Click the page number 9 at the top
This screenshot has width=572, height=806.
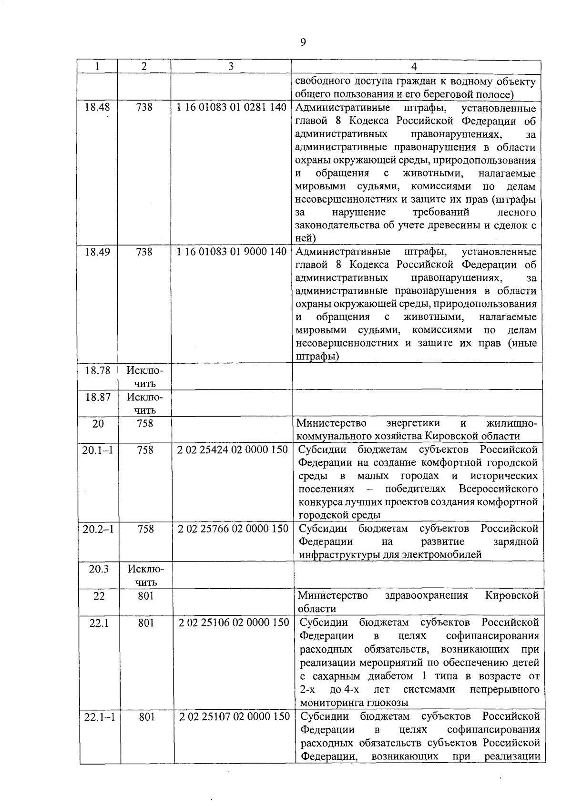(x=303, y=42)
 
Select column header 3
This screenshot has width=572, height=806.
(x=231, y=67)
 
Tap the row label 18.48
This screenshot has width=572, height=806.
(x=97, y=107)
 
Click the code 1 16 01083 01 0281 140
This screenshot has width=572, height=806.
(x=231, y=107)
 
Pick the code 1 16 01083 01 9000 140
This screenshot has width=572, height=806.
(x=231, y=252)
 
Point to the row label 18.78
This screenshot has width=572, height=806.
(x=97, y=370)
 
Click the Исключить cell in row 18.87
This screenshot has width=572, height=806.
(x=145, y=403)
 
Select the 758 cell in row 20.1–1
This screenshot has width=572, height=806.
(x=145, y=450)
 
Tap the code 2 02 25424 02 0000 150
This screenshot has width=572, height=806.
(x=232, y=450)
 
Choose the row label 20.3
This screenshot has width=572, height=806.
(x=99, y=569)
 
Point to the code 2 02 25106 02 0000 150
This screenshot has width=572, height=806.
(x=234, y=622)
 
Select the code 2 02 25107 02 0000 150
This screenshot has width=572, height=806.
(x=234, y=716)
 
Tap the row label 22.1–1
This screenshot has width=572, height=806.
(x=99, y=717)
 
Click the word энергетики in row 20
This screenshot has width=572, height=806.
(x=413, y=423)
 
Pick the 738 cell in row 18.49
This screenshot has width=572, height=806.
(x=144, y=252)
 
